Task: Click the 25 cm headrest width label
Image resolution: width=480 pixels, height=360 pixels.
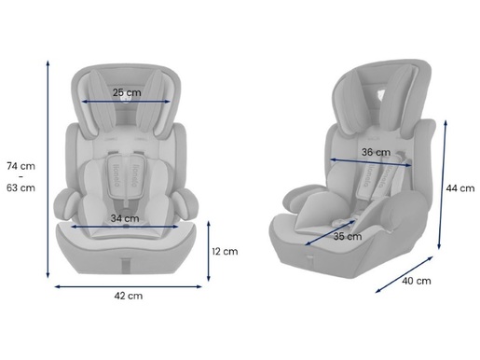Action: pyautogui.click(x=127, y=92)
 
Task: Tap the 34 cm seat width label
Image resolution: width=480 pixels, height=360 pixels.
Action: pyautogui.click(x=125, y=218)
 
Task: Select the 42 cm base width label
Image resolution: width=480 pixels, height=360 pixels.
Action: pyautogui.click(x=129, y=296)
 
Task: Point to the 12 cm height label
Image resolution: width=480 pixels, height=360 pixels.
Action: pyautogui.click(x=225, y=251)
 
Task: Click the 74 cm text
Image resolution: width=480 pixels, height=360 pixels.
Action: pyautogui.click(x=21, y=166)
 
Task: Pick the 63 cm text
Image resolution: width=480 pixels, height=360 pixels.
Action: pyautogui.click(x=21, y=188)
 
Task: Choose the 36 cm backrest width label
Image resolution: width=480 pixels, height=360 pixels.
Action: pyautogui.click(x=376, y=152)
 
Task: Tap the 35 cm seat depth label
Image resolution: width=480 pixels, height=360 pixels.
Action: pyautogui.click(x=348, y=237)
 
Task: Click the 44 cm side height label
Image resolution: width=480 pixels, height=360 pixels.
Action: pyautogui.click(x=460, y=188)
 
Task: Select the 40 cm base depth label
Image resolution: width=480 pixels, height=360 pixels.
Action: pyautogui.click(x=417, y=281)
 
